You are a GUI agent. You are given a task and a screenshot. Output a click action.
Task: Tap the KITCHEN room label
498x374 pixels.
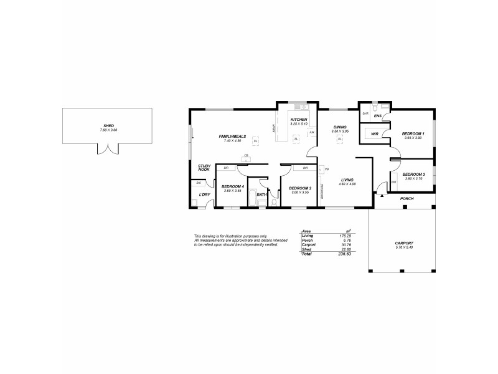pyautogui.click(x=299, y=120)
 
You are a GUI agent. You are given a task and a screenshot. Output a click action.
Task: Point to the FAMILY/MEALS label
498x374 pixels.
pyautogui.click(x=231, y=137)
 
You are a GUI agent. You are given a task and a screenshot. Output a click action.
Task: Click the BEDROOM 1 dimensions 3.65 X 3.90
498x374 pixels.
pyautogui.click(x=413, y=138)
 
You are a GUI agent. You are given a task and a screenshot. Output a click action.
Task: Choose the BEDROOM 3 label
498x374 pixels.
pyautogui.click(x=413, y=175)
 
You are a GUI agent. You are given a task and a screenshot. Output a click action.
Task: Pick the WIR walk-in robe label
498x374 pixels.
pyautogui.click(x=375, y=134)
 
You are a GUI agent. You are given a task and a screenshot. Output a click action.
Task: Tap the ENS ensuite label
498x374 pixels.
pyautogui.click(x=378, y=116)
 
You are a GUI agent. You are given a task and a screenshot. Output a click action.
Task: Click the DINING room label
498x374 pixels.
pyautogui.click(x=340, y=127)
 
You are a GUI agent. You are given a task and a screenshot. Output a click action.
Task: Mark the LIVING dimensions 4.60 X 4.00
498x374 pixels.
pyautogui.click(x=347, y=184)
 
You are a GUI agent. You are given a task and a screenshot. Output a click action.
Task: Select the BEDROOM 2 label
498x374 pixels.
pyautogui.click(x=300, y=188)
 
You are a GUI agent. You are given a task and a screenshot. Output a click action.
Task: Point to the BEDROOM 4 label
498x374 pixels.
pyautogui.click(x=232, y=186)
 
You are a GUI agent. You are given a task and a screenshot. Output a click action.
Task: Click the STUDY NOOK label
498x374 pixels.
pyautogui.click(x=204, y=168)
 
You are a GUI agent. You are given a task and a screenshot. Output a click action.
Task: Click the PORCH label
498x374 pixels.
pyautogui.click(x=407, y=198)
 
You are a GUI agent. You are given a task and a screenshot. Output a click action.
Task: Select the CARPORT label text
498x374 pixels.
pyautogui.click(x=404, y=243)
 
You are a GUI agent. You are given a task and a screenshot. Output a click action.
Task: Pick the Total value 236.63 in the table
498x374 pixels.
pyautogui.click(x=344, y=254)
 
